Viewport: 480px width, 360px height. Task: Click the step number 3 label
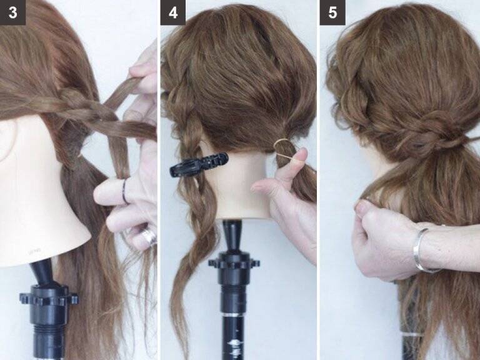(x=12, y=12)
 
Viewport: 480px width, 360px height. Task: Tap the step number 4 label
(x=173, y=12)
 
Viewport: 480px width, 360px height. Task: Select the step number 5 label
(x=332, y=12)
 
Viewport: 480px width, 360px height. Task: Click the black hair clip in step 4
(x=198, y=164)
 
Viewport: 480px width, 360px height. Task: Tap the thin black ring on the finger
(x=124, y=192)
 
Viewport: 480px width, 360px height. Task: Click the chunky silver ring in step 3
(x=149, y=236)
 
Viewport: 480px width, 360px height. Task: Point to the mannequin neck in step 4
(x=242, y=187)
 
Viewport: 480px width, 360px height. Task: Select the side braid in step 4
(x=190, y=171)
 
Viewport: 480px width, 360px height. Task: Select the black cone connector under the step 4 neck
(x=232, y=236)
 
